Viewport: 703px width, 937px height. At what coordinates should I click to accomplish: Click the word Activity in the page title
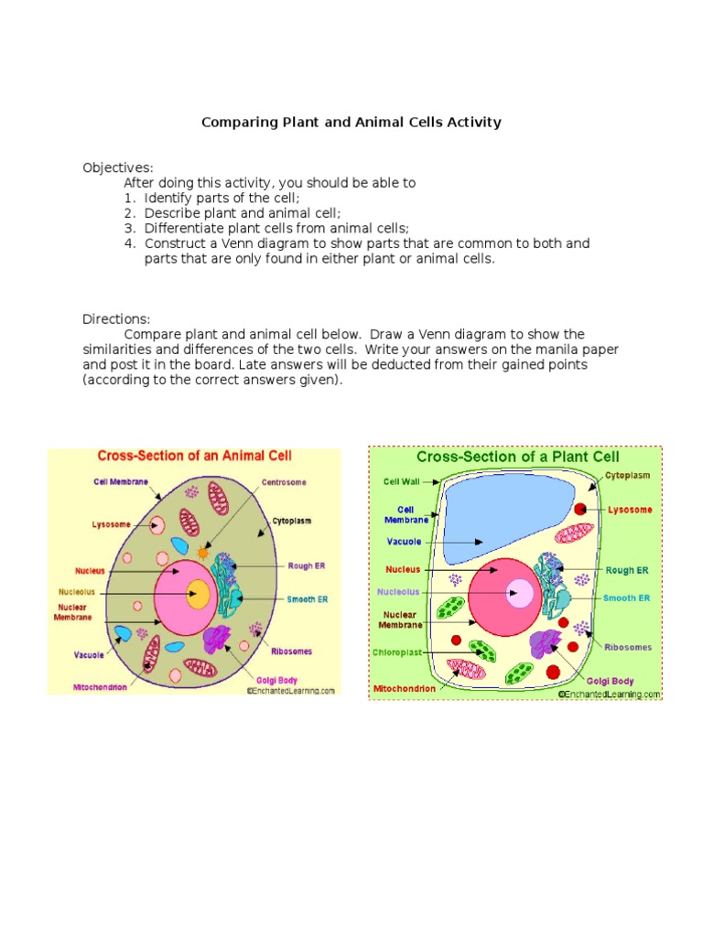472,122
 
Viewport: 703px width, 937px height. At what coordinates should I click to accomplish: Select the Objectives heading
118,167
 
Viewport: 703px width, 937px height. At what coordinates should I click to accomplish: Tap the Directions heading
116,319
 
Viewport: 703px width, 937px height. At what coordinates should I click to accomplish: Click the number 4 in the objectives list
129,243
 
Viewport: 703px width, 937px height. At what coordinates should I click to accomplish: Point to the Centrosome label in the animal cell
284,482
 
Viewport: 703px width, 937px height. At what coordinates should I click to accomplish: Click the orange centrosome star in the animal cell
202,553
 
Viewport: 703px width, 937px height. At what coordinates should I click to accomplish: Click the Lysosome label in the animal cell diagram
112,525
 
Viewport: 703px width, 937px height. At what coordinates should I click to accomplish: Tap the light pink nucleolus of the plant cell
521,593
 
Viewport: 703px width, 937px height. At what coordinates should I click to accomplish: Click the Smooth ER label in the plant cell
628,598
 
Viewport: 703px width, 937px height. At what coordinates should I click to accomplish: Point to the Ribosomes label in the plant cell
628,647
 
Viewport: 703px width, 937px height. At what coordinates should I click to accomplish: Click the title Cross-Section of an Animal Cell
195,456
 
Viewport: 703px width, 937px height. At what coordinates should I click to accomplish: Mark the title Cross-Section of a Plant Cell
518,456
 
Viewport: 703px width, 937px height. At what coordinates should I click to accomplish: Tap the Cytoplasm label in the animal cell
291,521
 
